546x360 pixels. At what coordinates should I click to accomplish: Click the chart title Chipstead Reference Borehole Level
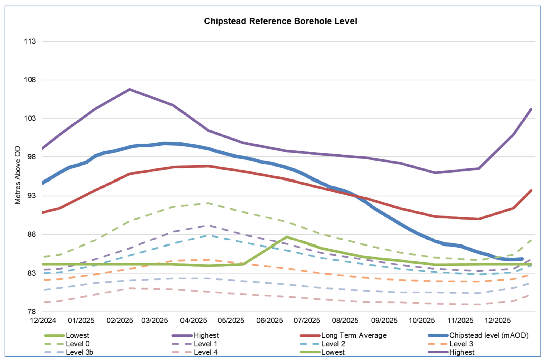point(273,21)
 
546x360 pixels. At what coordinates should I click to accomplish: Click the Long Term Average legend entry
point(353,335)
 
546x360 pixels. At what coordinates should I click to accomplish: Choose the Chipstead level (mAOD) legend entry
point(488,335)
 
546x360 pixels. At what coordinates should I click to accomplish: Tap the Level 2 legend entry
point(333,344)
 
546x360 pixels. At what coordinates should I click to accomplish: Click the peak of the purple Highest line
point(130,89)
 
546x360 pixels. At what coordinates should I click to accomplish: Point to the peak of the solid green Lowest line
point(286,237)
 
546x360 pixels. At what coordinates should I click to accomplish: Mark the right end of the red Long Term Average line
point(531,191)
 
